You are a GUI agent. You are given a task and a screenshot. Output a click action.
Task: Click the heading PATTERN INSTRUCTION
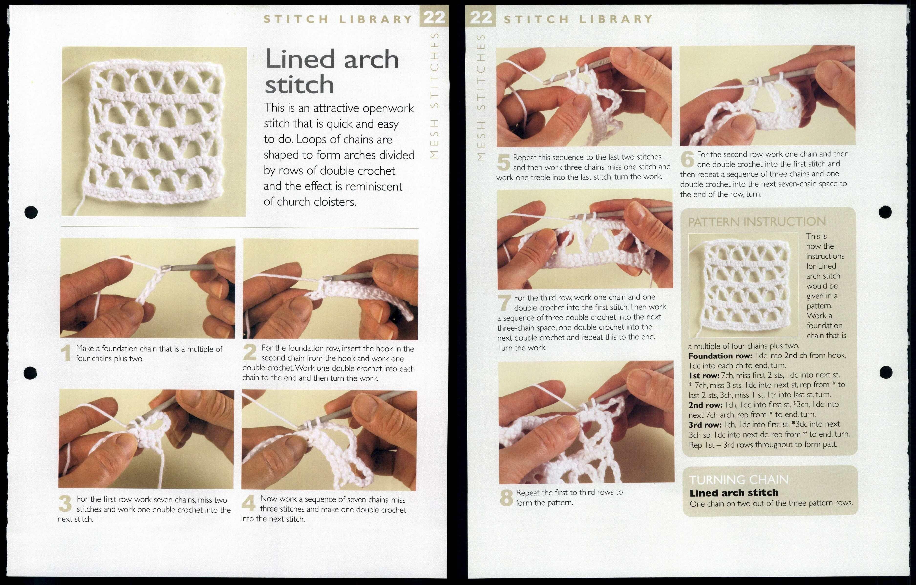click(756, 221)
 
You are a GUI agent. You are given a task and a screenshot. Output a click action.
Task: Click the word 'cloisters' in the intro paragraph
click(334, 202)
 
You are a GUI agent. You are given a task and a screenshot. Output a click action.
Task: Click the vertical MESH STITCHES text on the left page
click(434, 95)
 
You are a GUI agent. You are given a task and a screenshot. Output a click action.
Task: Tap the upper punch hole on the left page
click(31, 212)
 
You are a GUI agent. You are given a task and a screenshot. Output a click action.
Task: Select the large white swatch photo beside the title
click(154, 132)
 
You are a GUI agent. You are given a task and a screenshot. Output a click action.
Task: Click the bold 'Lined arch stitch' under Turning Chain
click(734, 493)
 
